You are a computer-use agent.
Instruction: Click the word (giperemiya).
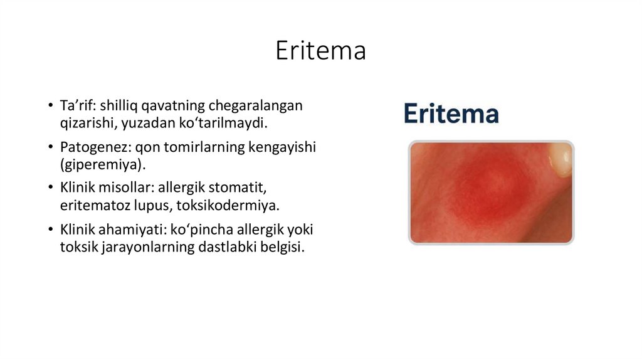102,164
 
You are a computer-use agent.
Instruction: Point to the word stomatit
251,188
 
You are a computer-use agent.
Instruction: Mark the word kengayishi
283,147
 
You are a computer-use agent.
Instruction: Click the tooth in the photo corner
560,157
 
